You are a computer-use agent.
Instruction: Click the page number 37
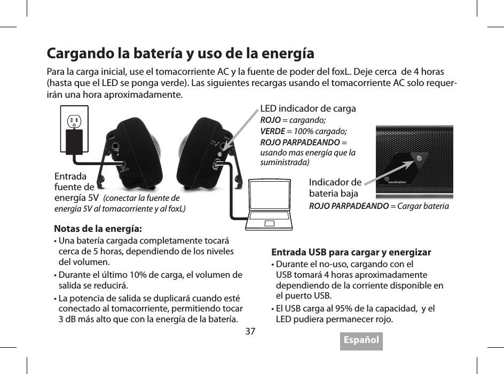coord(250,331)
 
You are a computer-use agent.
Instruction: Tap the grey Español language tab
coord(361,340)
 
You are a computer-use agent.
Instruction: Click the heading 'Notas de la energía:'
coord(98,229)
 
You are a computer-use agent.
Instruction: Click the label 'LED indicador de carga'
coord(308,109)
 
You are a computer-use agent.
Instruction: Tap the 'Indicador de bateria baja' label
coord(335,188)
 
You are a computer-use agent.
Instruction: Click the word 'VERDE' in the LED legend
coord(272,131)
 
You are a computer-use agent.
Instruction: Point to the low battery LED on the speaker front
coord(420,158)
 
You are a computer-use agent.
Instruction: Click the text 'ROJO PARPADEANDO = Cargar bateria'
coord(379,206)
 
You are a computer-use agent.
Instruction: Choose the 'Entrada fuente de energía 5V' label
coord(75,187)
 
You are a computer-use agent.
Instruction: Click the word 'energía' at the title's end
coord(288,54)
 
